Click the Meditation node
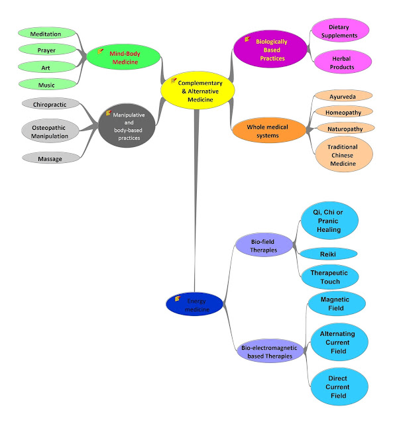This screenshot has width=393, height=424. (x=46, y=34)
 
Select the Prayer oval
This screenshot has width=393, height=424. (x=46, y=50)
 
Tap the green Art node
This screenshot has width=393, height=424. (x=46, y=66)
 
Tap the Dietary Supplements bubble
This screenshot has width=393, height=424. (x=343, y=30)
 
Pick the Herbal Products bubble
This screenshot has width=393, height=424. (x=343, y=63)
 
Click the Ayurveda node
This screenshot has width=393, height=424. (x=343, y=95)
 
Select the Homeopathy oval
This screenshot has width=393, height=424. (x=343, y=111)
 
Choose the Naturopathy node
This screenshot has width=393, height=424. (x=343, y=128)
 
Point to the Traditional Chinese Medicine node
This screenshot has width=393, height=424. (x=343, y=155)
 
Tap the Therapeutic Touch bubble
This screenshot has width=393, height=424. (x=329, y=277)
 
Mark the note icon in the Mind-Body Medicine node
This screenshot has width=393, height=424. (x=100, y=51)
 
